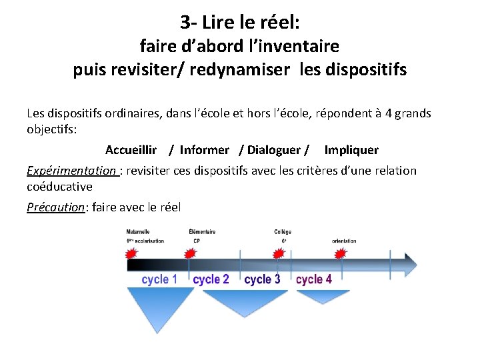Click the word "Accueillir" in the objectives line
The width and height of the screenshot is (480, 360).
coord(131,150)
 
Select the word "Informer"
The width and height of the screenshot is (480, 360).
coord(204,150)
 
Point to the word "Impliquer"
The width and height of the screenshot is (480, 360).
coord(351,150)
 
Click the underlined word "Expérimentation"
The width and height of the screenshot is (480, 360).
coord(71,171)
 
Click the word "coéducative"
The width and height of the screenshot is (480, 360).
coord(59,187)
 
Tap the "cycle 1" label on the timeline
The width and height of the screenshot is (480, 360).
coord(160,279)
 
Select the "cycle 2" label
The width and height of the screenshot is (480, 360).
coord(211,279)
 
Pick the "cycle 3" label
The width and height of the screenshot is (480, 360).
coord(262,279)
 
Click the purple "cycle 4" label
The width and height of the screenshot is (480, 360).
coord(314,279)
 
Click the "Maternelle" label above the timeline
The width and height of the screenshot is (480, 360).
coord(138,232)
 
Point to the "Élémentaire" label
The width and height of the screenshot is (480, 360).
coord(202,232)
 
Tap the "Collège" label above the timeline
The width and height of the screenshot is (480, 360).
coord(283,232)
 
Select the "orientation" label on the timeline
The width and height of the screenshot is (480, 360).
coord(344,241)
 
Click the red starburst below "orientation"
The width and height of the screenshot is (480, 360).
coord(341,253)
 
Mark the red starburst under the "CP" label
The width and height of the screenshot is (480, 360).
coord(190,253)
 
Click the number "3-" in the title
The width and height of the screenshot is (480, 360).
coord(188,22)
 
